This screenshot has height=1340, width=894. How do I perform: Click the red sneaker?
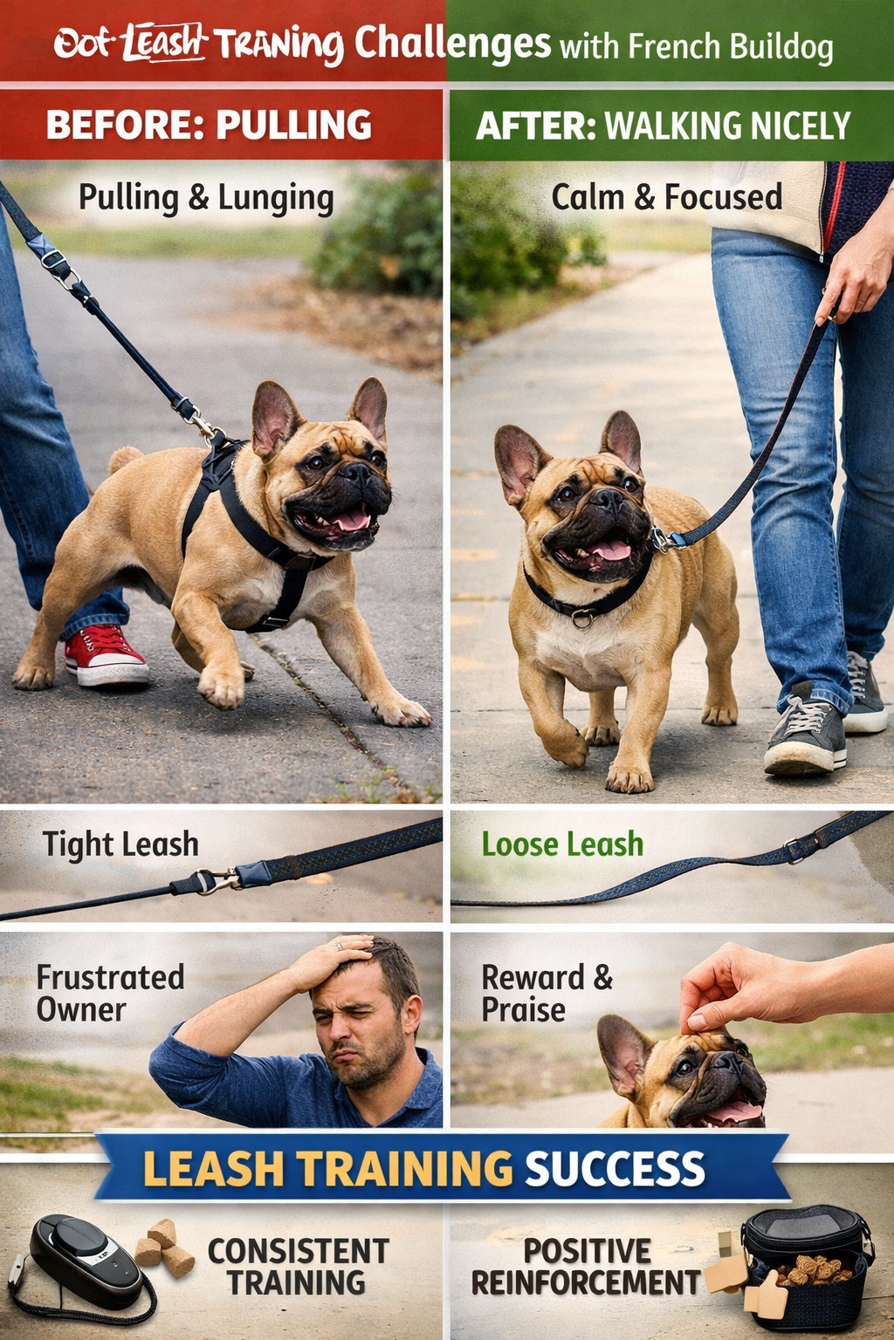tap(104, 656)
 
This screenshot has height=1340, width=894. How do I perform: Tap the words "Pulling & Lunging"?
tap(206, 198)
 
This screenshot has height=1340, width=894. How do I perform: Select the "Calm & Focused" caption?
tap(666, 197)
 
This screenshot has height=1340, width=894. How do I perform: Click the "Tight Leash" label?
tap(120, 844)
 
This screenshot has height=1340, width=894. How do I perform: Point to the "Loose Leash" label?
tap(562, 844)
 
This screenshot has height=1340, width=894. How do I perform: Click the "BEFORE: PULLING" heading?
tap(209, 125)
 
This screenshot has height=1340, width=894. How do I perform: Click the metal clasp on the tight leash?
tap(207, 882)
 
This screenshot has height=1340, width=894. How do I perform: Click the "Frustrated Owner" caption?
tap(110, 993)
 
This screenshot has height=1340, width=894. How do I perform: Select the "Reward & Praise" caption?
tap(547, 993)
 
